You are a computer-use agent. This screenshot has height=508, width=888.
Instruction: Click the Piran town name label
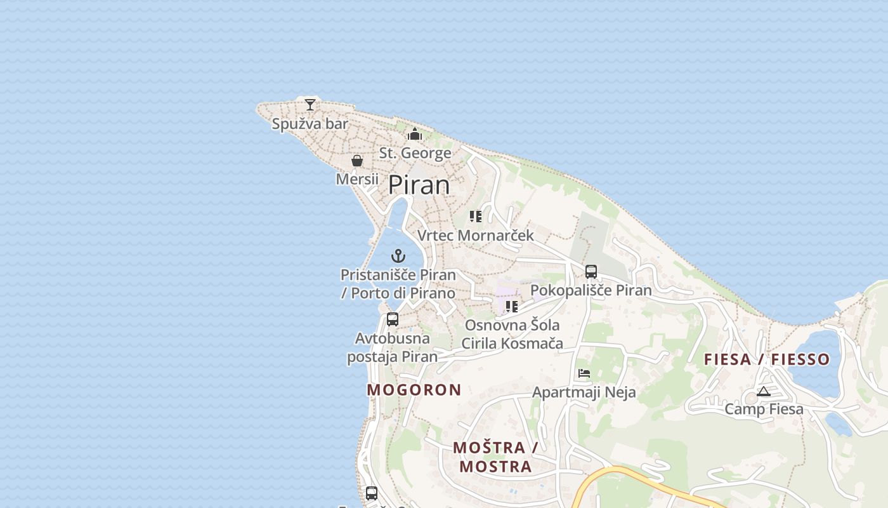[x=419, y=185]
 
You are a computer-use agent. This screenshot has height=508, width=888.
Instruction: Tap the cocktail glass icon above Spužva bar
[x=310, y=105]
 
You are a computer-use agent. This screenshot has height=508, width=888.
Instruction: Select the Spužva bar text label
[x=310, y=124]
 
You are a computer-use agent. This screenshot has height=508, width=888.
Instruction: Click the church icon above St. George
[x=415, y=134]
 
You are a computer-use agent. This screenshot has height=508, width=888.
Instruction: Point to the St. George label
[x=415, y=153]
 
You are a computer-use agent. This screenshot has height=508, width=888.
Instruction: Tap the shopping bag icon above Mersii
[x=357, y=161]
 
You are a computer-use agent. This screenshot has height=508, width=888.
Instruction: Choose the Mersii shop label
[x=357, y=179]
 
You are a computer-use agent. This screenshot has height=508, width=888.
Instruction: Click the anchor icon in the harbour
[x=398, y=256]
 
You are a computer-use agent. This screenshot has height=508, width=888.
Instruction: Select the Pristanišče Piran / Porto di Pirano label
[x=398, y=284]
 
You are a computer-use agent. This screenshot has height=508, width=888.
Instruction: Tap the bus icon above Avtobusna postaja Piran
[x=393, y=319]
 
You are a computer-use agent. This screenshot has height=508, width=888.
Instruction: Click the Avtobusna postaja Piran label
[x=393, y=347]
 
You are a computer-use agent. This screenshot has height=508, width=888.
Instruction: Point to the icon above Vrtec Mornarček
[x=476, y=217]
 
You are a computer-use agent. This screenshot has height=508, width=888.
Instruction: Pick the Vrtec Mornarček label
[x=476, y=236]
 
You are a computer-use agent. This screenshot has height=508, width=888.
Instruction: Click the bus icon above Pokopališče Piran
[x=591, y=272]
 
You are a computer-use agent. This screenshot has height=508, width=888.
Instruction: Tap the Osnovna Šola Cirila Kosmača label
[x=512, y=335]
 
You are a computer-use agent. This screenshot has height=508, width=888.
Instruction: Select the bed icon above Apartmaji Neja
[x=584, y=373]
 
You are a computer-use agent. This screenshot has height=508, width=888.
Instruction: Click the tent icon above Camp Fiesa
[x=764, y=391]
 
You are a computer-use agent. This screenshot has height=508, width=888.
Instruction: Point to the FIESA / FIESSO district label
[x=767, y=359]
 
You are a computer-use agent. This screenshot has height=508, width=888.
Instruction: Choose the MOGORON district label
[x=414, y=390]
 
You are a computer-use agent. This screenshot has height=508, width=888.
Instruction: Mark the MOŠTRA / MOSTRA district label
[x=495, y=457]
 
